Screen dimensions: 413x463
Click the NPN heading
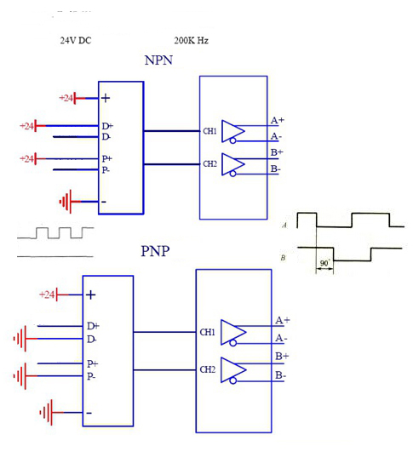pyautogui.click(x=158, y=60)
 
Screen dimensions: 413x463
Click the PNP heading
pyautogui.click(x=155, y=251)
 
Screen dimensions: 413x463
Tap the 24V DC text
pyautogui.click(x=76, y=41)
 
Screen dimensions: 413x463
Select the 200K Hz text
pyautogui.click(x=191, y=41)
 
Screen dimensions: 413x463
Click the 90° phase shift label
pyautogui.click(x=324, y=263)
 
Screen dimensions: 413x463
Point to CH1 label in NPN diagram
pyautogui.click(x=209, y=131)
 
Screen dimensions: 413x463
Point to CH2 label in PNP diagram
pyautogui.click(x=208, y=369)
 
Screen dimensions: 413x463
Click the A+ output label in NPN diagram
pyautogui.click(x=278, y=120)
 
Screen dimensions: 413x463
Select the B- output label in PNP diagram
pyautogui.click(x=280, y=375)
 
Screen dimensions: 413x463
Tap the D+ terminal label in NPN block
pyautogui.click(x=107, y=126)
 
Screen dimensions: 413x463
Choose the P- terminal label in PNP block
pyautogui.click(x=91, y=376)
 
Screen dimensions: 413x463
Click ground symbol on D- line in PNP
pyautogui.click(x=20, y=339)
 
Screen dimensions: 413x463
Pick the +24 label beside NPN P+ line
pyautogui.click(x=26, y=158)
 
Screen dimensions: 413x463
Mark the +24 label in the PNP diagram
pyautogui.click(x=47, y=294)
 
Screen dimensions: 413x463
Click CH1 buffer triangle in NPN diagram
pyautogui.click(x=233, y=131)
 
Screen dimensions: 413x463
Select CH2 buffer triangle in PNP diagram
pyautogui.click(x=233, y=370)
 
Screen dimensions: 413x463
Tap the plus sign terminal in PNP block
pyautogui.click(x=91, y=295)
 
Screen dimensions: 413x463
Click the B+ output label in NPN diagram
pyautogui.click(x=277, y=152)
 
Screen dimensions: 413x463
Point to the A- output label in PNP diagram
pyautogui.click(x=281, y=338)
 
